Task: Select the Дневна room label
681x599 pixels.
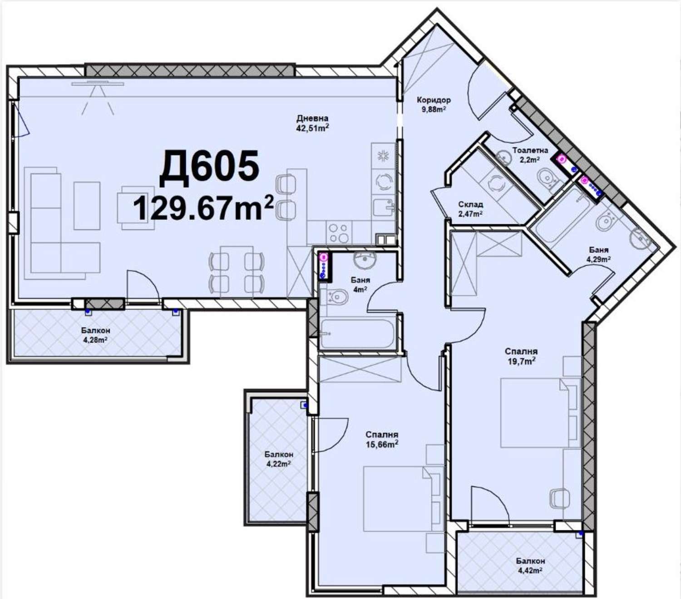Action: (x=312, y=119)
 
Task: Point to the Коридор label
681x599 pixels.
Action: (x=434, y=100)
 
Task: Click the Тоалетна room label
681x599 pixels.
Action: (x=530, y=150)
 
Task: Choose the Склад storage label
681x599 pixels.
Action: (x=471, y=204)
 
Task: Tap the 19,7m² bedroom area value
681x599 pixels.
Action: (x=521, y=361)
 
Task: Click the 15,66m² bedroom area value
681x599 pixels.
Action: (x=382, y=445)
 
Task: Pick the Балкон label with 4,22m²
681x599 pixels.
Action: (x=279, y=455)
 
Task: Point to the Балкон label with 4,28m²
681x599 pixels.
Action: (x=95, y=331)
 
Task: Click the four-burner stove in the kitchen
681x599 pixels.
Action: (x=339, y=233)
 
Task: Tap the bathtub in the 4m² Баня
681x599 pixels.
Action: (x=358, y=334)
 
